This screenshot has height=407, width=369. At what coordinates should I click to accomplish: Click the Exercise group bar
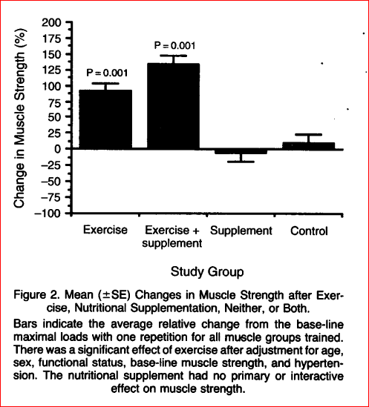(x=105, y=119)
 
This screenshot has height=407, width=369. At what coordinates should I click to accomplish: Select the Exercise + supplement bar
(x=174, y=106)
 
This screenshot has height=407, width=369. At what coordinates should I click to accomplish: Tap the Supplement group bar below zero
(x=241, y=151)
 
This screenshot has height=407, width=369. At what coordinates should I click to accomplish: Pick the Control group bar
(x=308, y=145)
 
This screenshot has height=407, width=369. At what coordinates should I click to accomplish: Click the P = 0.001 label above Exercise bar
(x=107, y=73)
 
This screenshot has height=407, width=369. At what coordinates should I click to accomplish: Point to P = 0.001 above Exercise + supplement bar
(x=174, y=46)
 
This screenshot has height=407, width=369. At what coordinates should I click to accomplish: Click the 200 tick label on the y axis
(x=51, y=23)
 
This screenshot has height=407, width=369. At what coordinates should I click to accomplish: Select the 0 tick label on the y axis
(x=57, y=149)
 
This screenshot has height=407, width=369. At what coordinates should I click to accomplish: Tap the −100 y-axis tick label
(x=48, y=213)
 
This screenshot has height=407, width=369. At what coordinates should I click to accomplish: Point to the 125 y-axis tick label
(x=52, y=70)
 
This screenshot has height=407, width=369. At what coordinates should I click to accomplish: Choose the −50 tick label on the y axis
(x=50, y=181)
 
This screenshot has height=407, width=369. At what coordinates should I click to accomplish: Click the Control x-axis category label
(x=309, y=231)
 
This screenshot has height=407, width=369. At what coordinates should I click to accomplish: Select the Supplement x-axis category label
(x=241, y=231)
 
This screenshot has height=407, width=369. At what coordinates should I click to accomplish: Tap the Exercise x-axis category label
(x=105, y=230)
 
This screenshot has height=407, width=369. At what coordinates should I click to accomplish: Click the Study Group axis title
(x=207, y=272)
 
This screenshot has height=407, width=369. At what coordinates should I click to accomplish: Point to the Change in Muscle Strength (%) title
(x=19, y=118)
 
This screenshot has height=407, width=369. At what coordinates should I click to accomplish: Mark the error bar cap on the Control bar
(x=308, y=135)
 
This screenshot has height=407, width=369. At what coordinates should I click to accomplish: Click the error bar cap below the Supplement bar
(x=241, y=162)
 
